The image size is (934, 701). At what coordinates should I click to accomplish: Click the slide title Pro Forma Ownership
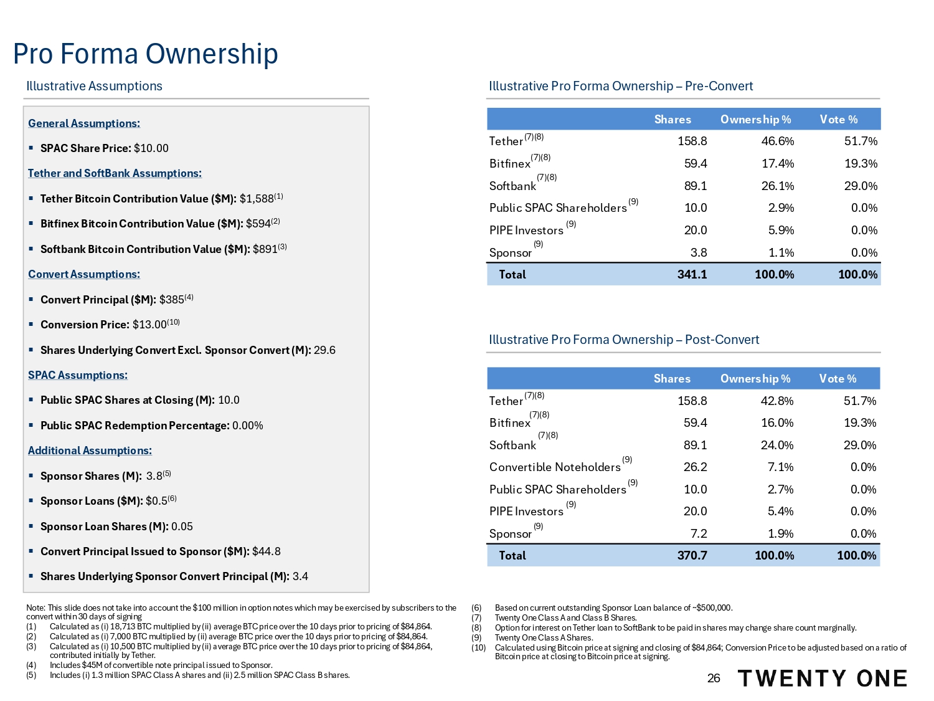(x=145, y=54)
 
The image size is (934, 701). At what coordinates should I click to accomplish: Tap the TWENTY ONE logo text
(x=823, y=679)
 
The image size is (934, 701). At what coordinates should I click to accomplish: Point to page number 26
(x=714, y=679)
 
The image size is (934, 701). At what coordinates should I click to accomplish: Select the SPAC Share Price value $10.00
(x=151, y=148)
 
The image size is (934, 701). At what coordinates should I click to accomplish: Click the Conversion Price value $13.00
(x=149, y=325)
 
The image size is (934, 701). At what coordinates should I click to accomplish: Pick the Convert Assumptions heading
(x=84, y=274)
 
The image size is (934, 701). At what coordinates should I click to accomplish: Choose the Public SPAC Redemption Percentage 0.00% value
(x=248, y=426)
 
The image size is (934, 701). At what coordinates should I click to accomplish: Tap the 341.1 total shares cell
(x=692, y=275)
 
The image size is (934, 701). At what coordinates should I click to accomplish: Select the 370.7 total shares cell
(x=692, y=556)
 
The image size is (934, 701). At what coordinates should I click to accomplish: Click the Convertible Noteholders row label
(x=555, y=467)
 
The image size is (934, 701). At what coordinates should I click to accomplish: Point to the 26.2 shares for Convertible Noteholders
(x=695, y=467)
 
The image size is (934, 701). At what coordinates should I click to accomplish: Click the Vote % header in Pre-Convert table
(x=838, y=120)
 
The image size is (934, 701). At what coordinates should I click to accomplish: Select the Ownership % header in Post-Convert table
(x=755, y=379)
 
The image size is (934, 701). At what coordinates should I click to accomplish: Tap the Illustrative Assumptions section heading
(x=94, y=86)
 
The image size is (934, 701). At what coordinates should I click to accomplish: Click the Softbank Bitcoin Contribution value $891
(x=265, y=249)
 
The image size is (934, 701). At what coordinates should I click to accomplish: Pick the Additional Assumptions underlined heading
(x=90, y=451)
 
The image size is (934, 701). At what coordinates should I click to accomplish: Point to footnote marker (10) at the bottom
(x=478, y=648)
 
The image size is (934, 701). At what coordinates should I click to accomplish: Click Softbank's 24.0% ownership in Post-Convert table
(x=777, y=446)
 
